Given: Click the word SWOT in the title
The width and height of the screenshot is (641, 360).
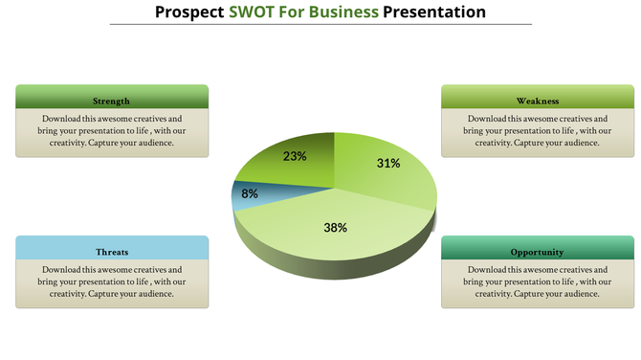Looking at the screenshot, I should coord(253,12).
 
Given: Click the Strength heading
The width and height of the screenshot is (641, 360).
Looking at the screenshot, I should coord(112,101).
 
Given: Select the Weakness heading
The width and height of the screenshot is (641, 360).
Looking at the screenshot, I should coord(537,101).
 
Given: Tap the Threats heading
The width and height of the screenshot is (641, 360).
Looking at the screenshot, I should coord(112,252).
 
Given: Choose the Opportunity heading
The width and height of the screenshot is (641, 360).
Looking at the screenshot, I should coord(537,252).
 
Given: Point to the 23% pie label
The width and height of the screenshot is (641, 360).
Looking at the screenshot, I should coord(295,155).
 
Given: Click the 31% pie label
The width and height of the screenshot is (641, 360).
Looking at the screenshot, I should coord(387,163).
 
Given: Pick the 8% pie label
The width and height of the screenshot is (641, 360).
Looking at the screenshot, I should coord(250,193).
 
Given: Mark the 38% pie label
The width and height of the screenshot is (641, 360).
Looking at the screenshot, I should coord(335,228).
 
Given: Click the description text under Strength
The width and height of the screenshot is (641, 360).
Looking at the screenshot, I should coord(112,130).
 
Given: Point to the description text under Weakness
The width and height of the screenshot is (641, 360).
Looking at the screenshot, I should coord(537,130).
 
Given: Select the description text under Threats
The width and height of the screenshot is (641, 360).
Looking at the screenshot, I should coord(112,281).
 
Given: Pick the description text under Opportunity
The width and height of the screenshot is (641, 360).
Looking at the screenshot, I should coord(537,281).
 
